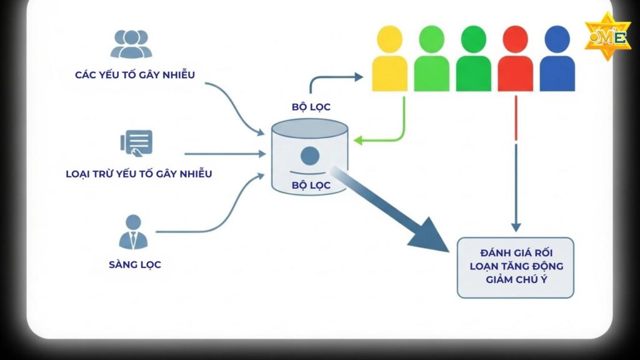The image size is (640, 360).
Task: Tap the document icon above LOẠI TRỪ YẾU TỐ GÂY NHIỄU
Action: coord(137,142)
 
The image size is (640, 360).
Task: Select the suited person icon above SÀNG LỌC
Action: coord(133,232)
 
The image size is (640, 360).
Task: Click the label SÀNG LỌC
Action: coord(134,264)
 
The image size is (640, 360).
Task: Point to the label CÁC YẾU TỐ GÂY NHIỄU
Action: coord(134,75)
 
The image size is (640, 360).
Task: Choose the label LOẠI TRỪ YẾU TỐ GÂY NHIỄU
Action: coord(139,174)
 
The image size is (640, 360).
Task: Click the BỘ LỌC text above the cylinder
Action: coord(311,107)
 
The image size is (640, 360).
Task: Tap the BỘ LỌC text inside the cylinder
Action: coord(311,185)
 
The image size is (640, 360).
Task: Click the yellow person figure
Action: coord(389,59)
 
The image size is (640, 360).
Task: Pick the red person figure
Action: coord(516,59)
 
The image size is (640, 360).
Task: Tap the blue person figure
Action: coord(557,59)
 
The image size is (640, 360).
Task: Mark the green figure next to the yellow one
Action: coord(431,59)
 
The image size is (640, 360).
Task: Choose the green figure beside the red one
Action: coord(473,59)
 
